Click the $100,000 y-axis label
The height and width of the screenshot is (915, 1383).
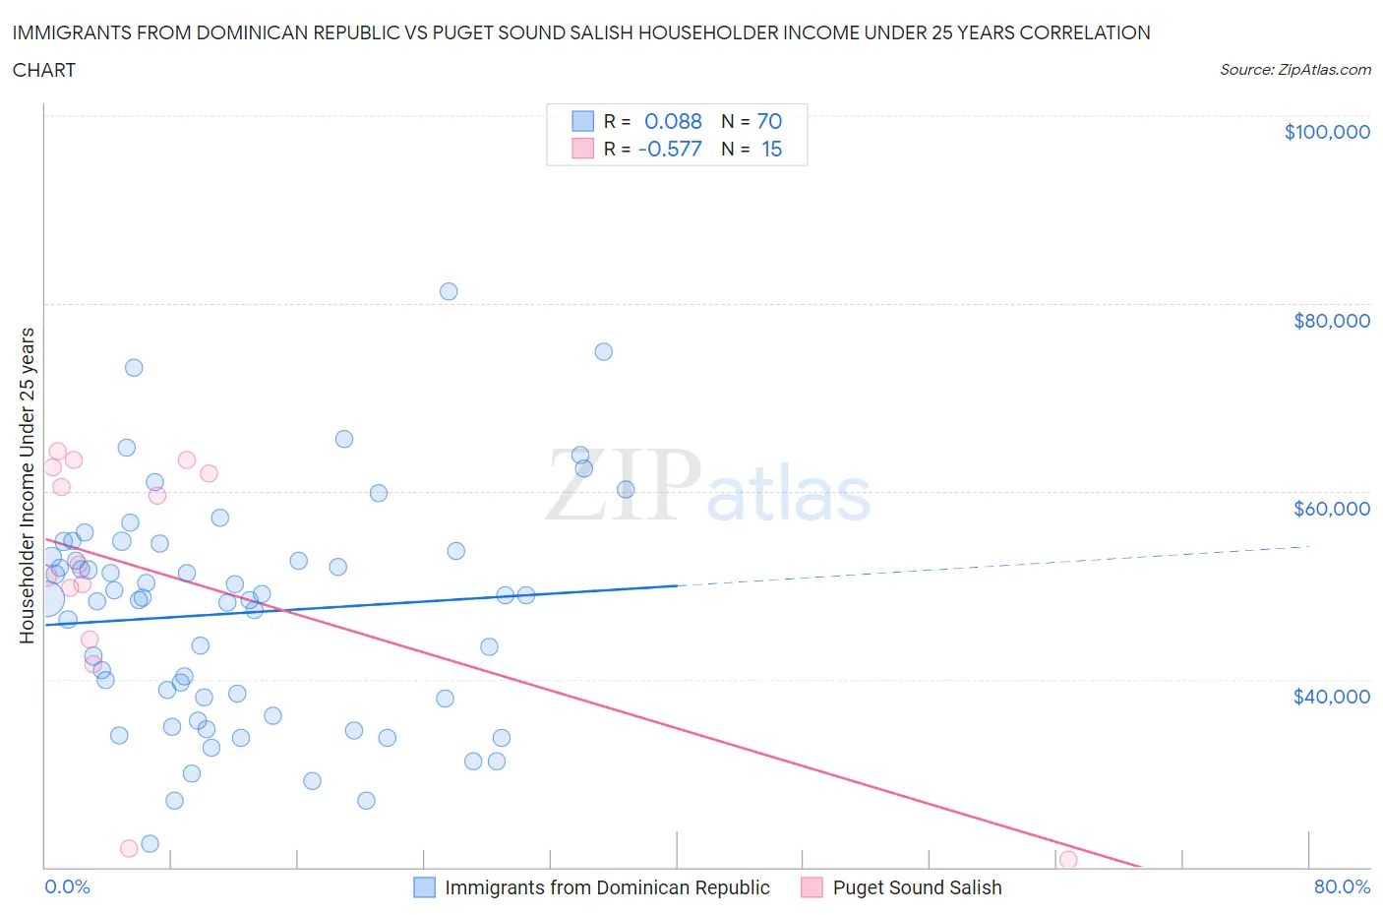[x=1326, y=132]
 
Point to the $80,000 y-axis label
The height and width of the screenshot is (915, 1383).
[x=1331, y=321]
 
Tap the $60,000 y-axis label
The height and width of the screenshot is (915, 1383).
[x=1331, y=509]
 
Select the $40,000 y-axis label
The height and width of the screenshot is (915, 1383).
[x=1331, y=697]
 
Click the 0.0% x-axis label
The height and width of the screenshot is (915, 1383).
[x=67, y=886]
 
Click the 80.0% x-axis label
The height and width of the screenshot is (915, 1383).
[x=1341, y=886]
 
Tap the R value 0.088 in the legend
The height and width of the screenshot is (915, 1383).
[x=673, y=121]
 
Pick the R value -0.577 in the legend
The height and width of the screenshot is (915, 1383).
[x=670, y=149]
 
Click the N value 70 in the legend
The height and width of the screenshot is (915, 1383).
[x=769, y=121]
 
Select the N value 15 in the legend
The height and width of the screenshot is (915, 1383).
[x=771, y=149]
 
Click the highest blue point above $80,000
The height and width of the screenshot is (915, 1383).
[x=449, y=291]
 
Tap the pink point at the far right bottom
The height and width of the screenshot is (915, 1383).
[x=1068, y=860]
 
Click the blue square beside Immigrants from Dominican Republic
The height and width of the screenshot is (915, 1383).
[x=424, y=887]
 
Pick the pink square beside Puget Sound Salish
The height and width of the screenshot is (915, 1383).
[x=812, y=887]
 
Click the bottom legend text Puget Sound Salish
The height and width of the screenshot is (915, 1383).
[x=917, y=887]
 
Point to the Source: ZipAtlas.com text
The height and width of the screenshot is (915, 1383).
[x=1294, y=70]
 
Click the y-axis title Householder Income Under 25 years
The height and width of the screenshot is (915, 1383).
[x=28, y=485]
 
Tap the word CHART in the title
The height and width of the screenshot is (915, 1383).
[x=44, y=70]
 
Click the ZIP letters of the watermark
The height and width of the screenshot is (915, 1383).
[x=623, y=484]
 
